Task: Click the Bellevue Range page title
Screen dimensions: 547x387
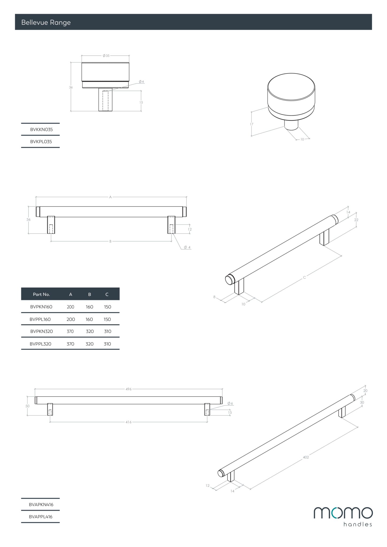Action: pyautogui.click(x=46, y=22)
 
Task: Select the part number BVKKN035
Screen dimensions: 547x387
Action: pyautogui.click(x=41, y=130)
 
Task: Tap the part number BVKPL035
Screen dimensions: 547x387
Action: pyautogui.click(x=41, y=142)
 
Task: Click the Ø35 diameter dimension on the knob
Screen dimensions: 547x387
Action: pyautogui.click(x=106, y=56)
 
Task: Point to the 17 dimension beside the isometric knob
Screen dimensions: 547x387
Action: pyautogui.click(x=251, y=124)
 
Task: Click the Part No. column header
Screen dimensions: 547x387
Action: pyautogui.click(x=41, y=294)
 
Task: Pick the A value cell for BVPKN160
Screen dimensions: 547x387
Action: pyautogui.click(x=71, y=307)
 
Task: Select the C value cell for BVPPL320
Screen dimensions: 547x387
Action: pyautogui.click(x=107, y=344)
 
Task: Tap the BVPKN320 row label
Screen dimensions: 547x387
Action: pyautogui.click(x=41, y=331)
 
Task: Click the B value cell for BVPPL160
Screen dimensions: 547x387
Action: pyautogui.click(x=89, y=319)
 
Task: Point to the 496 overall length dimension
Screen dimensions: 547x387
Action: pyautogui.click(x=129, y=389)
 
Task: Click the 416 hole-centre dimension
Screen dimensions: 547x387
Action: pyautogui.click(x=129, y=422)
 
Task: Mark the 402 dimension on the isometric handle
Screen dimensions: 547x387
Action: pyautogui.click(x=306, y=457)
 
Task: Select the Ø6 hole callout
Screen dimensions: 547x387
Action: pyautogui.click(x=230, y=403)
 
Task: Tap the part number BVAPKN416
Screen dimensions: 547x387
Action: pyautogui.click(x=41, y=505)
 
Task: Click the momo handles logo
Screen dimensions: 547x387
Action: pyautogui.click(x=343, y=517)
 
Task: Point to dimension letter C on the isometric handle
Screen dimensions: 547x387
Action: pyautogui.click(x=304, y=278)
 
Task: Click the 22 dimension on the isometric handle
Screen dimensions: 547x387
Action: pyautogui.click(x=356, y=220)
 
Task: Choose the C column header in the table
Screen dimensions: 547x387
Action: pyautogui.click(x=107, y=294)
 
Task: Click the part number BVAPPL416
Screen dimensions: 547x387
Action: pyautogui.click(x=41, y=517)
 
